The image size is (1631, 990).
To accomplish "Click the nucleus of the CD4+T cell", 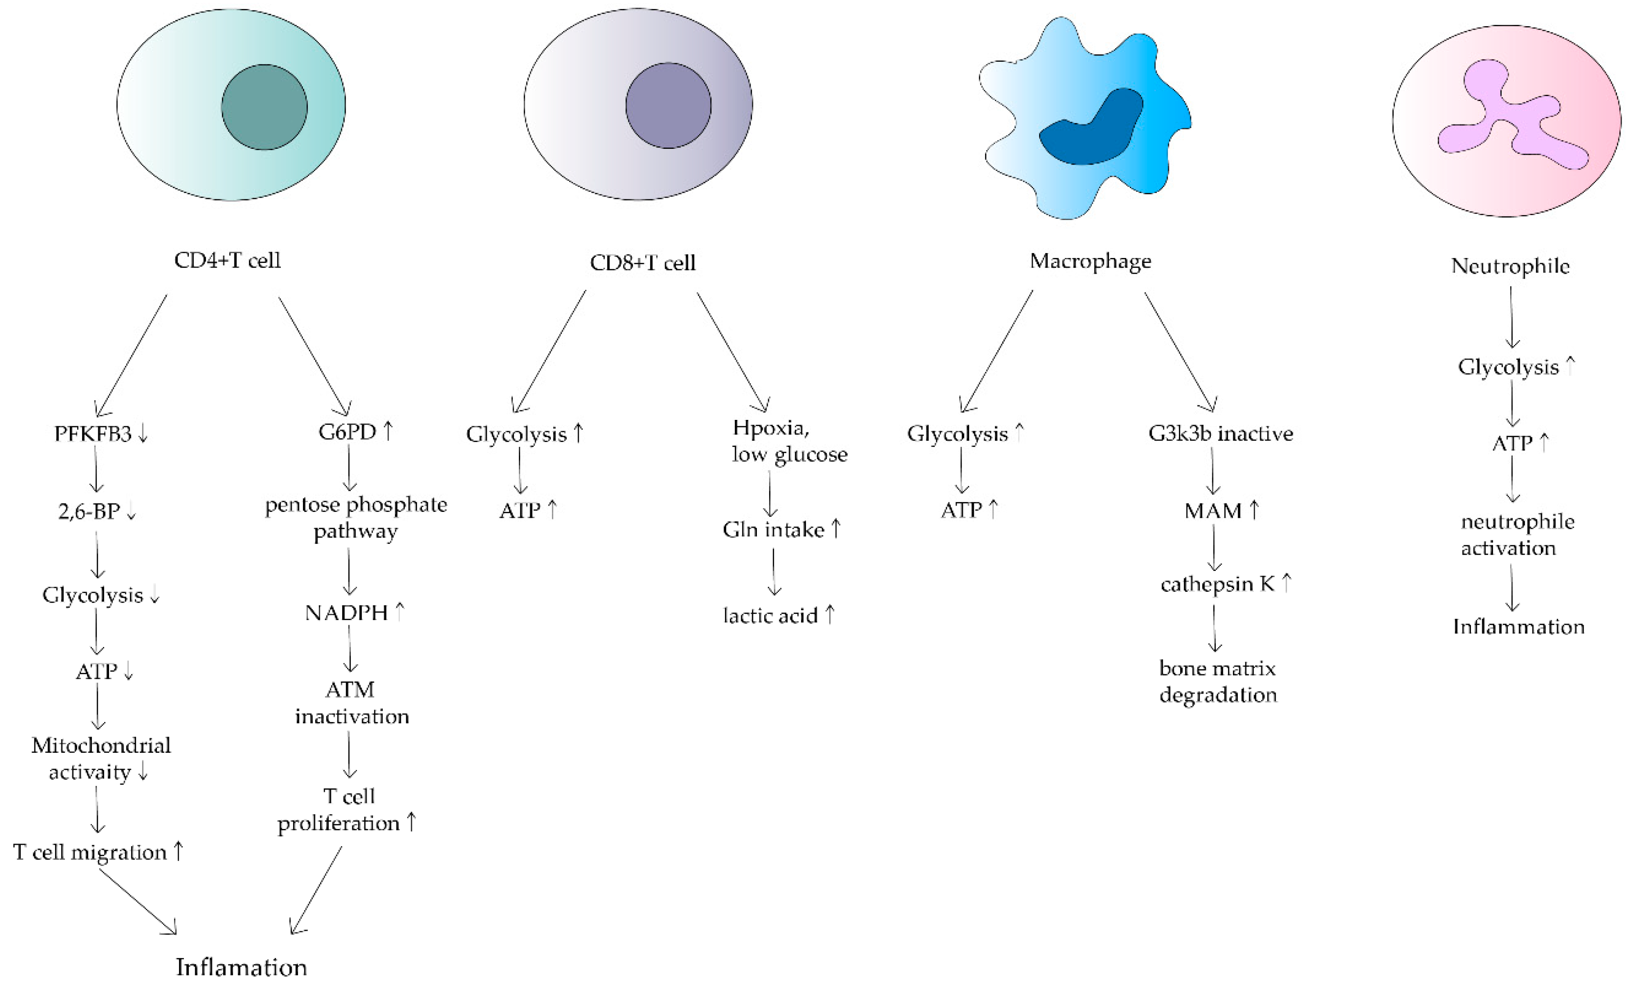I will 264,107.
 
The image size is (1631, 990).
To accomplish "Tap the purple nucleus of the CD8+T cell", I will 668,106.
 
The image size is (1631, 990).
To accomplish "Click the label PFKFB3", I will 93,434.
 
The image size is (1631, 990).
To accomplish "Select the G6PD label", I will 348,432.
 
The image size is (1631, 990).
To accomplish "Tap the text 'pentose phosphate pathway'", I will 356,517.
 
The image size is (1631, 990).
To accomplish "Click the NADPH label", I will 347,612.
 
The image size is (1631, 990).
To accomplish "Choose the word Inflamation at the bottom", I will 241,967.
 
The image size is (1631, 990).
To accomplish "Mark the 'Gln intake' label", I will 773,530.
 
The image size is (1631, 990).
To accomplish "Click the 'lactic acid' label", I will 770,616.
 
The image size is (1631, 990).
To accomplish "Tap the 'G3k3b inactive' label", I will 1220,434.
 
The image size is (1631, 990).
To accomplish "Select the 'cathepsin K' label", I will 1217,584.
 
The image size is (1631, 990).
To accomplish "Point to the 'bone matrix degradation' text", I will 1218,681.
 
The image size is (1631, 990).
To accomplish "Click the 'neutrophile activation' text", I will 1517,534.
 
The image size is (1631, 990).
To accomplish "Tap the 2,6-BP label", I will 89,511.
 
